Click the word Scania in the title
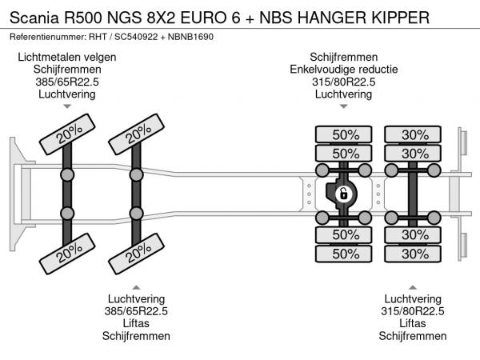[34, 17]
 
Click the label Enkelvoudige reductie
[343, 69]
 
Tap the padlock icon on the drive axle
[342, 193]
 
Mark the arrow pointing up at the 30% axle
[412, 286]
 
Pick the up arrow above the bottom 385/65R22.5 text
[136, 286]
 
